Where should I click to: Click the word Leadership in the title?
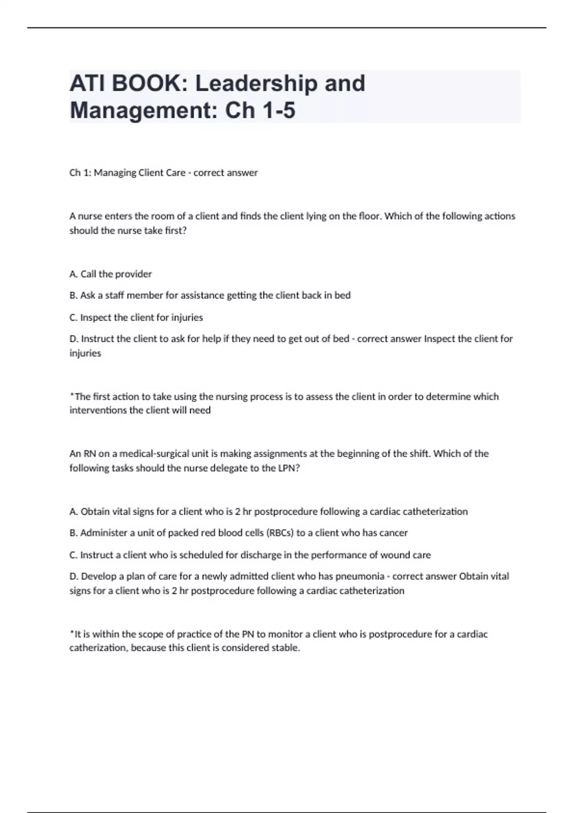click(x=256, y=84)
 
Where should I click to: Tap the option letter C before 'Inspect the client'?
click(x=73, y=318)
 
